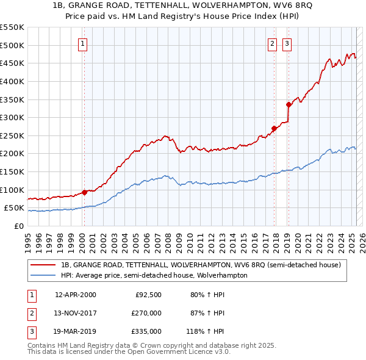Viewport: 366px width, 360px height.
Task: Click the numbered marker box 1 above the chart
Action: [82, 43]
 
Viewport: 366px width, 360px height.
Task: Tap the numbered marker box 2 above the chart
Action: [271, 43]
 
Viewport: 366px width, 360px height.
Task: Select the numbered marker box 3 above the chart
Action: [286, 43]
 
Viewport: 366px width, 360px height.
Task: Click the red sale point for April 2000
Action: [84, 192]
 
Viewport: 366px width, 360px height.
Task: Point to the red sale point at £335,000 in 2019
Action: [289, 104]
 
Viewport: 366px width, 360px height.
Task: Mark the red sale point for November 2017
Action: [274, 128]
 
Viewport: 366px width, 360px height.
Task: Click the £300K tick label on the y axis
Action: [12, 117]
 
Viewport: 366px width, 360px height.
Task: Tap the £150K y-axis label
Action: [12, 171]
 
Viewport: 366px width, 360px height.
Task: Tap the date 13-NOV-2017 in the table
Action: [76, 313]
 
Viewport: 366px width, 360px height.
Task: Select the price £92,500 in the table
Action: [148, 295]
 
